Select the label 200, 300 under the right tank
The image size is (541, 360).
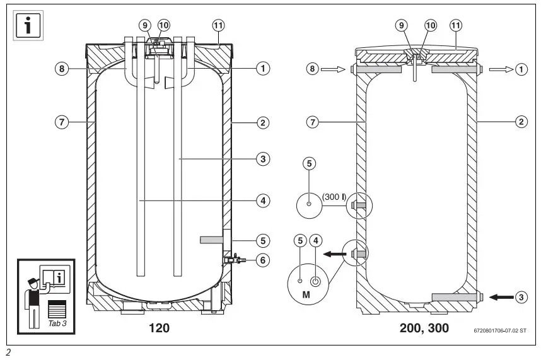click(424, 328)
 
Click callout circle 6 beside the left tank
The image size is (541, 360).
click(262, 258)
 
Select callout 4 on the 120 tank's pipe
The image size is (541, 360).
click(262, 200)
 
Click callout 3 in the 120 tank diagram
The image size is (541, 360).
click(262, 159)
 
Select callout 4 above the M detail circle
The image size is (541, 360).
click(317, 240)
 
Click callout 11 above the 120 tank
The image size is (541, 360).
click(218, 25)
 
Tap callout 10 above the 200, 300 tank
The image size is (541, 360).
click(431, 25)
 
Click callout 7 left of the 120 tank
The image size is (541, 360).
click(61, 122)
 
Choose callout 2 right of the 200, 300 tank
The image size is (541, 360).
click(521, 122)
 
